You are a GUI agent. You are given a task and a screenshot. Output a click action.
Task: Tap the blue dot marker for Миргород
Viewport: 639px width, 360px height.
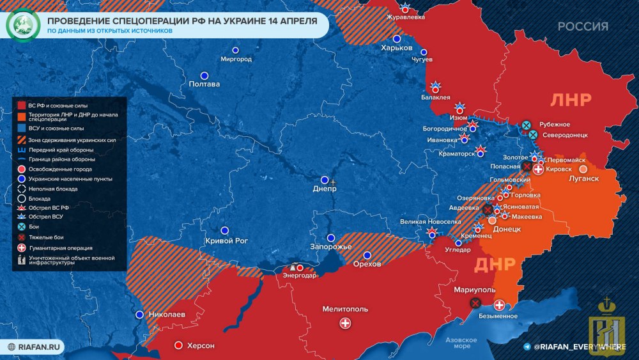pyautogui.click(x=235, y=50)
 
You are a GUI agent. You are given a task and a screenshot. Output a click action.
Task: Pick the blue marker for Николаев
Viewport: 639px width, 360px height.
pyautogui.click(x=140, y=314)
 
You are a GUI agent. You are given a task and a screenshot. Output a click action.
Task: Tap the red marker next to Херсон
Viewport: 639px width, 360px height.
pyautogui.click(x=178, y=345)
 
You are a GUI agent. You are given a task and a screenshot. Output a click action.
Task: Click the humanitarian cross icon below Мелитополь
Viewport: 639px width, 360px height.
pyautogui.click(x=346, y=324)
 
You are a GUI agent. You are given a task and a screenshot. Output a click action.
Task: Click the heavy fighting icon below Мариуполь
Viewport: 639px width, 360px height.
pyautogui.click(x=474, y=303)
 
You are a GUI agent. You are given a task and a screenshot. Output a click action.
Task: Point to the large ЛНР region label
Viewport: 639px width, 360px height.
pyautogui.click(x=571, y=99)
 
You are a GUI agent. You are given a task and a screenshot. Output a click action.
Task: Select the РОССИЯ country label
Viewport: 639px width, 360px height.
pyautogui.click(x=583, y=26)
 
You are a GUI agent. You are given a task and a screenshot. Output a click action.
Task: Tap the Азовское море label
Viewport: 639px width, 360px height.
pyautogui.click(x=458, y=343)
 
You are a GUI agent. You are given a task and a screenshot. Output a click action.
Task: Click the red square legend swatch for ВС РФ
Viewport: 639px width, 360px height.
pyautogui.click(x=22, y=105)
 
